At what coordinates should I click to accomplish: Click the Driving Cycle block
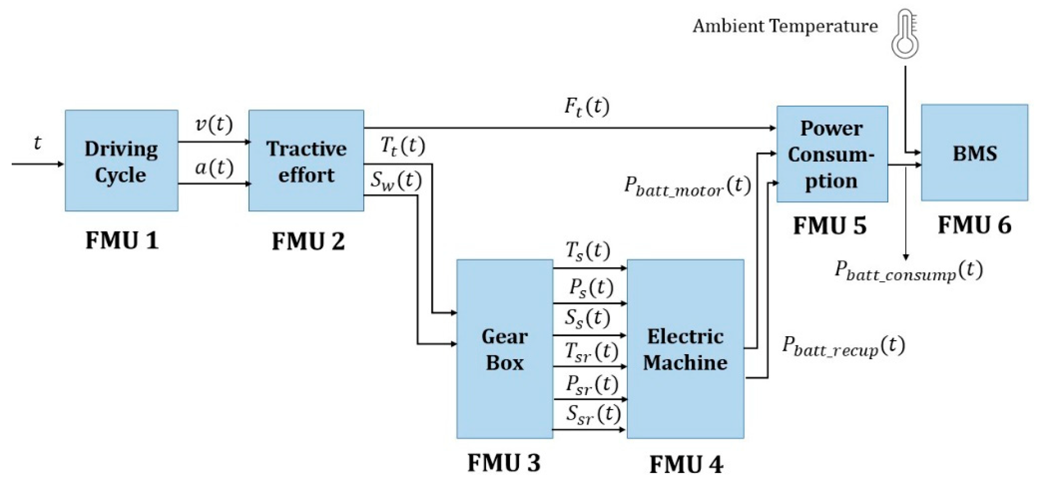[x=121, y=160]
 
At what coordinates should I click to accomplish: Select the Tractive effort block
[x=306, y=160]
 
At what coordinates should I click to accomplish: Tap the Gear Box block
[x=504, y=349]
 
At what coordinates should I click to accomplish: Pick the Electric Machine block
[x=685, y=349]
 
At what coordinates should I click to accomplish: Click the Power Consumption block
[x=832, y=154]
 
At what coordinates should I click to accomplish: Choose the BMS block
[x=974, y=153]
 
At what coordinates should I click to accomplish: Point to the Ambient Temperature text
[x=785, y=27]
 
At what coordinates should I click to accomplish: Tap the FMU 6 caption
[x=974, y=225]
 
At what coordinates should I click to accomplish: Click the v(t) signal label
[x=214, y=125]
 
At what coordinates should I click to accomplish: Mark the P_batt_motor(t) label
[x=687, y=186]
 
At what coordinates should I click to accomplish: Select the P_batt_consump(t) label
[x=908, y=271]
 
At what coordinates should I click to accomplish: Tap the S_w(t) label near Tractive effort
[x=396, y=181]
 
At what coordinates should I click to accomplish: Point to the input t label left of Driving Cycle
[x=37, y=143]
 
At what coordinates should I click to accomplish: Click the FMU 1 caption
[x=122, y=240]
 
